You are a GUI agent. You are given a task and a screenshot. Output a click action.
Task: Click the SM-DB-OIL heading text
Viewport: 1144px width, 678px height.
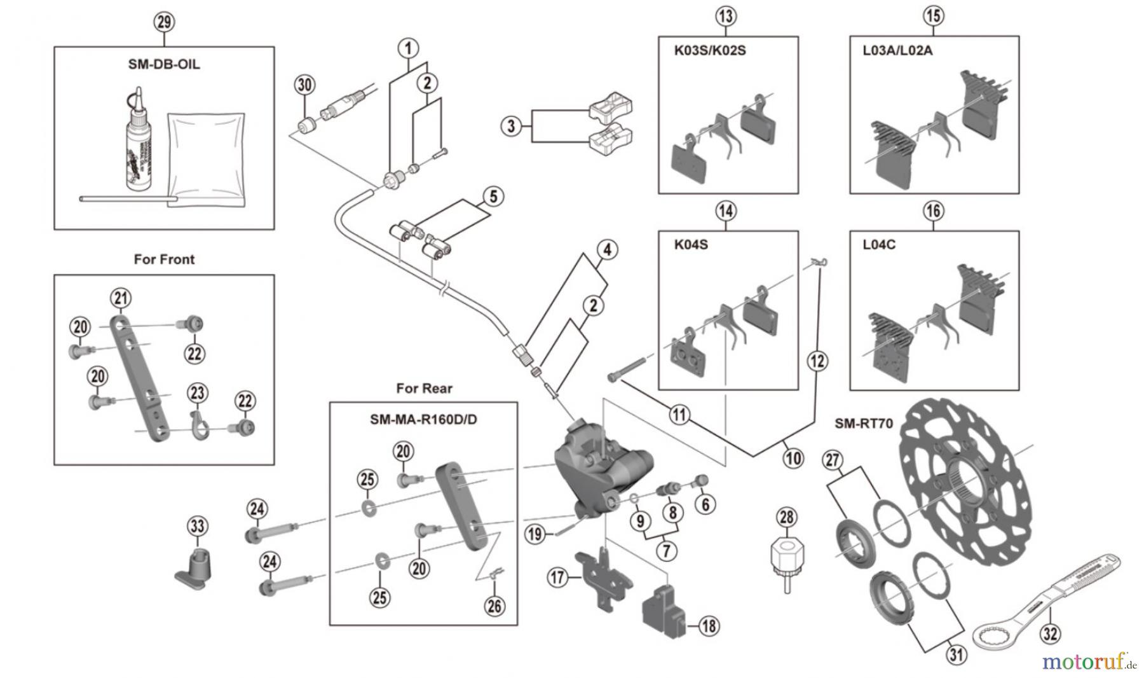click(164, 64)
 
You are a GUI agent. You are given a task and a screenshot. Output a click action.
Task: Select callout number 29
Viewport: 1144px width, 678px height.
click(164, 22)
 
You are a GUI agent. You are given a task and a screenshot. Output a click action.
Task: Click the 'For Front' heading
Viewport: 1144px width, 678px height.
click(164, 259)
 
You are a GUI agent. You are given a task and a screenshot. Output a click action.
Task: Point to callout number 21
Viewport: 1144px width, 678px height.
click(121, 298)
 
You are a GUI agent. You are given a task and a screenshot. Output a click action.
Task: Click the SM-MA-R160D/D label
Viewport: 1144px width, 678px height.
click(423, 420)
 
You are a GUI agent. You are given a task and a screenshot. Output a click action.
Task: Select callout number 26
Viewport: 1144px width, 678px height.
click(494, 605)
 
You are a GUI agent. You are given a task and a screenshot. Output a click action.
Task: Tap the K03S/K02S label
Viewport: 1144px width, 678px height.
click(710, 50)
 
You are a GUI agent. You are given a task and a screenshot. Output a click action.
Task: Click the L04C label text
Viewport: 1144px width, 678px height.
click(879, 245)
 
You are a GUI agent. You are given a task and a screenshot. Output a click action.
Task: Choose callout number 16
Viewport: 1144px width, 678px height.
click(934, 211)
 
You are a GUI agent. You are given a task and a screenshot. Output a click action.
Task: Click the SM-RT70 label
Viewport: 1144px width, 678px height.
click(863, 423)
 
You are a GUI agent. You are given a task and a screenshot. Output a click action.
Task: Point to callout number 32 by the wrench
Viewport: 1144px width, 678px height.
click(1050, 633)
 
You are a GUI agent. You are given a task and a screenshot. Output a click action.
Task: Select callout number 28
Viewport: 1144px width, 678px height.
click(787, 517)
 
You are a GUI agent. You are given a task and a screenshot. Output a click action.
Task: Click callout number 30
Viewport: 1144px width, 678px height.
click(305, 85)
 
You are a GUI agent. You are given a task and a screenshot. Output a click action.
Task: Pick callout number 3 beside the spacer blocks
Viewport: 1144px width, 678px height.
click(511, 125)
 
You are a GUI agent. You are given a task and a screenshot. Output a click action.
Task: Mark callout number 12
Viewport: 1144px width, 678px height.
click(817, 361)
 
